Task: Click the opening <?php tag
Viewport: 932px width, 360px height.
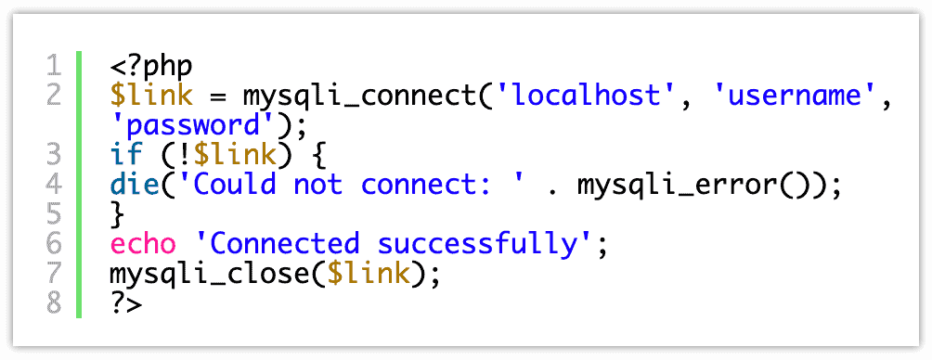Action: click(150, 66)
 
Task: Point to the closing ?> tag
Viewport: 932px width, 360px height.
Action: click(126, 303)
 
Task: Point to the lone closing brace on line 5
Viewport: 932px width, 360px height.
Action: click(117, 214)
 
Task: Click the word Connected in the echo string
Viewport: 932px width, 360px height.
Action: click(282, 244)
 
